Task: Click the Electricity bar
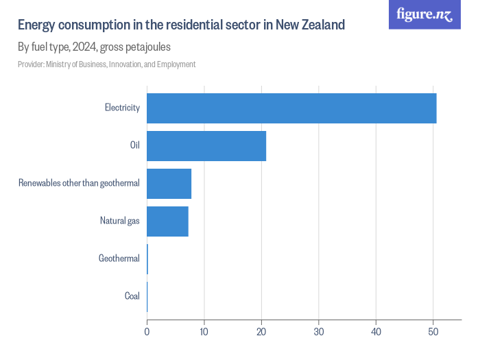pyautogui.click(x=291, y=108)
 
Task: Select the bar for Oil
pyautogui.click(x=206, y=145)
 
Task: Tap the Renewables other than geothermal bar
pyautogui.click(x=169, y=183)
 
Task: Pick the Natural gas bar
pyautogui.click(x=167, y=221)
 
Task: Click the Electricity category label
pyautogui.click(x=122, y=108)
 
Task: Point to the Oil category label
pyautogui.click(x=134, y=145)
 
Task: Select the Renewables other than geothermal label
pyautogui.click(x=79, y=183)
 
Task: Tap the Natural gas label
pyautogui.click(x=119, y=221)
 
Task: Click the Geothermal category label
pyautogui.click(x=119, y=259)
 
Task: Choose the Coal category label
pyautogui.click(x=132, y=296)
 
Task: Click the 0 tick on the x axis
pyautogui.click(x=147, y=332)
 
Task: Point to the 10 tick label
pyautogui.click(x=204, y=332)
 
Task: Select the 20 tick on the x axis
pyautogui.click(x=261, y=332)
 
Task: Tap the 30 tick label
pyautogui.click(x=318, y=332)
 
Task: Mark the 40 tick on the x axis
pyautogui.click(x=376, y=332)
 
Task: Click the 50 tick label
pyautogui.click(x=433, y=332)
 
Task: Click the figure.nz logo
pyautogui.click(x=424, y=14)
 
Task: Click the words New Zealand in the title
pyautogui.click(x=310, y=25)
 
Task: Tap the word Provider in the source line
pyautogui.click(x=31, y=64)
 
